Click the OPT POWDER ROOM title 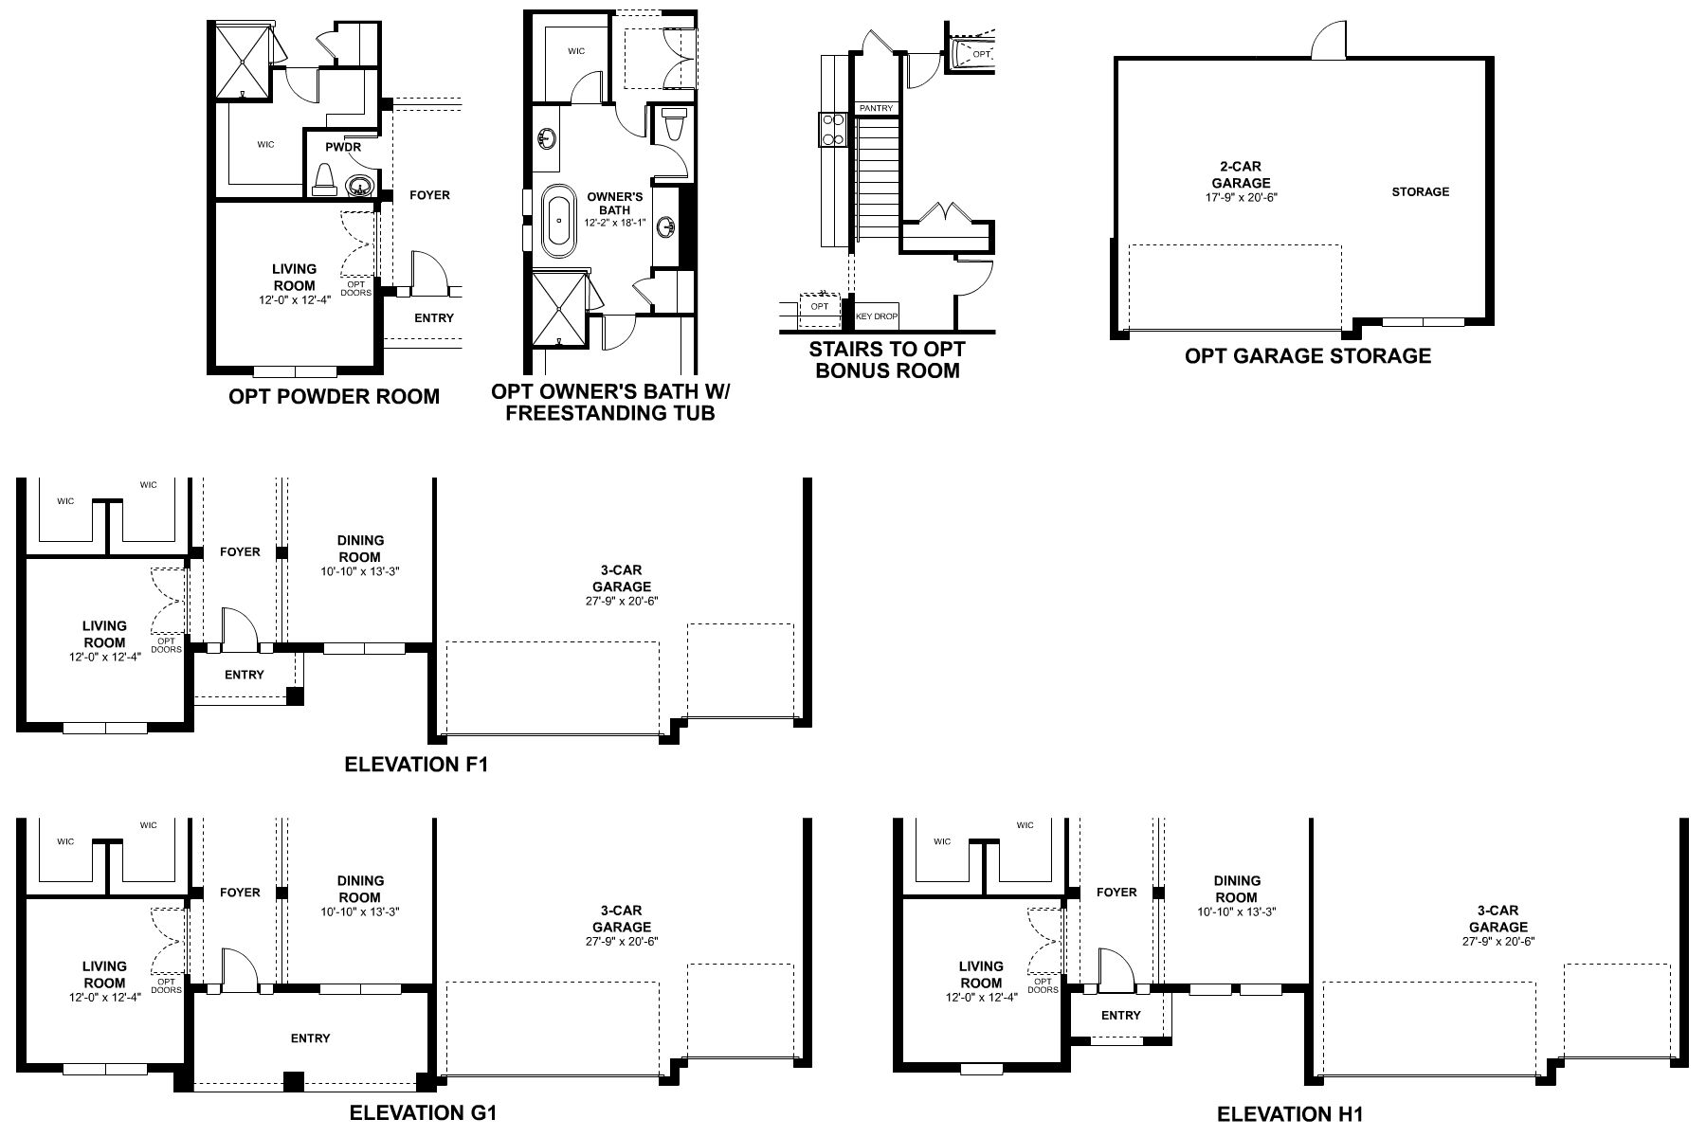tap(334, 397)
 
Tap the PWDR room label tap(343, 147)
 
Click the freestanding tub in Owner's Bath tap(558, 222)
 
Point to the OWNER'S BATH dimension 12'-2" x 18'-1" tap(615, 224)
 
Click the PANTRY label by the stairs tap(876, 109)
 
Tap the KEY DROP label tap(876, 316)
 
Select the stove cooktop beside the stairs tap(831, 130)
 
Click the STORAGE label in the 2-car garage tap(1420, 192)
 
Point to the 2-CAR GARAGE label tap(1241, 175)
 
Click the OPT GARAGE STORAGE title tap(1307, 356)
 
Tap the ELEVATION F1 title tap(416, 764)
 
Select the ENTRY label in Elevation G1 tap(310, 1038)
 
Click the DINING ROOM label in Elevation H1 tap(1237, 889)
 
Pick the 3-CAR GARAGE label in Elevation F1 tap(622, 578)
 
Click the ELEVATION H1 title tap(1289, 1114)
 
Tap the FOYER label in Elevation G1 tap(240, 893)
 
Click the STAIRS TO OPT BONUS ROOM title tap(887, 360)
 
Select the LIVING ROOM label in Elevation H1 tap(980, 975)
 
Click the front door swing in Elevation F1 tap(235, 627)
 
